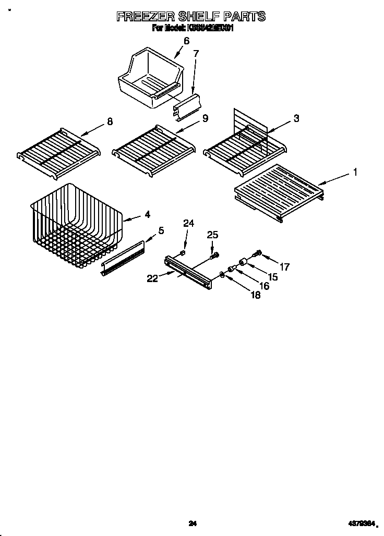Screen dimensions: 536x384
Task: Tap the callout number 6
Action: [x=186, y=41]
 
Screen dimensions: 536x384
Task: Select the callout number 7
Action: [x=196, y=53]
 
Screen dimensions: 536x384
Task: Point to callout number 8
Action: [x=109, y=121]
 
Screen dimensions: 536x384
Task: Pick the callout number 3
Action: [x=296, y=118]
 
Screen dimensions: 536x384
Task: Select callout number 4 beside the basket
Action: [x=148, y=214]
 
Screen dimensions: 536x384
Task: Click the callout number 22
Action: [x=152, y=278]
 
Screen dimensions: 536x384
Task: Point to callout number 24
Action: [x=188, y=224]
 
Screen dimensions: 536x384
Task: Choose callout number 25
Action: [x=212, y=235]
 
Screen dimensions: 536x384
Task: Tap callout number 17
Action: [x=284, y=266]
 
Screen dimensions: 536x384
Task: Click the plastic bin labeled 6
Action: [x=149, y=78]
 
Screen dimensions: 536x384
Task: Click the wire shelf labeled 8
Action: [x=57, y=151]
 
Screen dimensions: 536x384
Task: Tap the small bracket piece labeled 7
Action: [x=186, y=105]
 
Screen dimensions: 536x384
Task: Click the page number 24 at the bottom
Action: [x=192, y=523]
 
